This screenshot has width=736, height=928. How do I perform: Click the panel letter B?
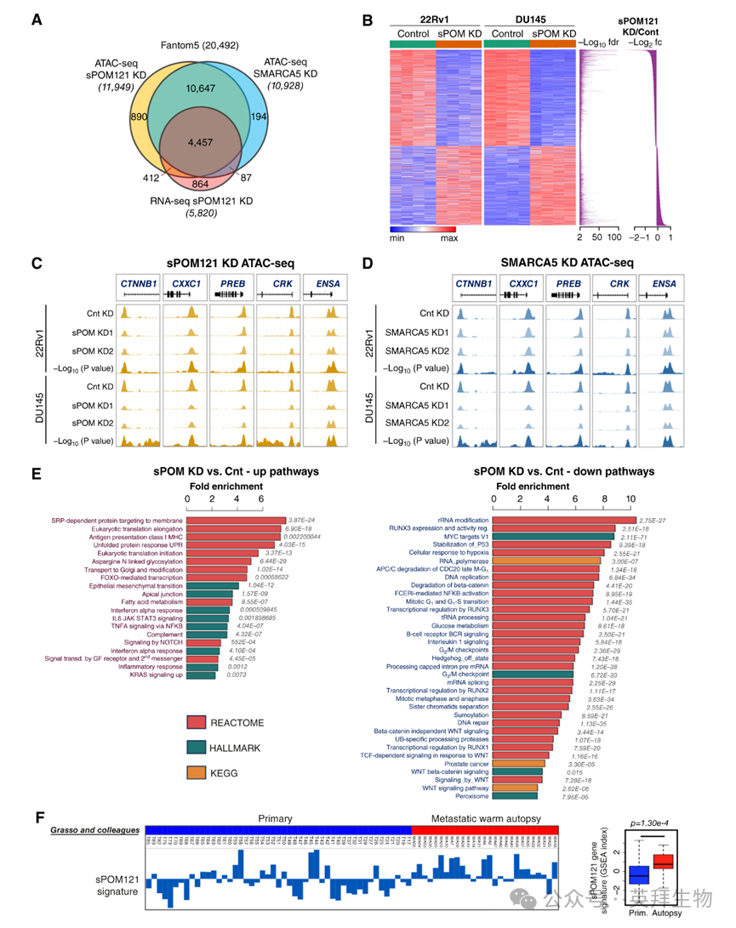[367, 20]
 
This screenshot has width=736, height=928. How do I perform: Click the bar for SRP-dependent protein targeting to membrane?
[236, 520]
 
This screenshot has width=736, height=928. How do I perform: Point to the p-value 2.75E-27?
[659, 520]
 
